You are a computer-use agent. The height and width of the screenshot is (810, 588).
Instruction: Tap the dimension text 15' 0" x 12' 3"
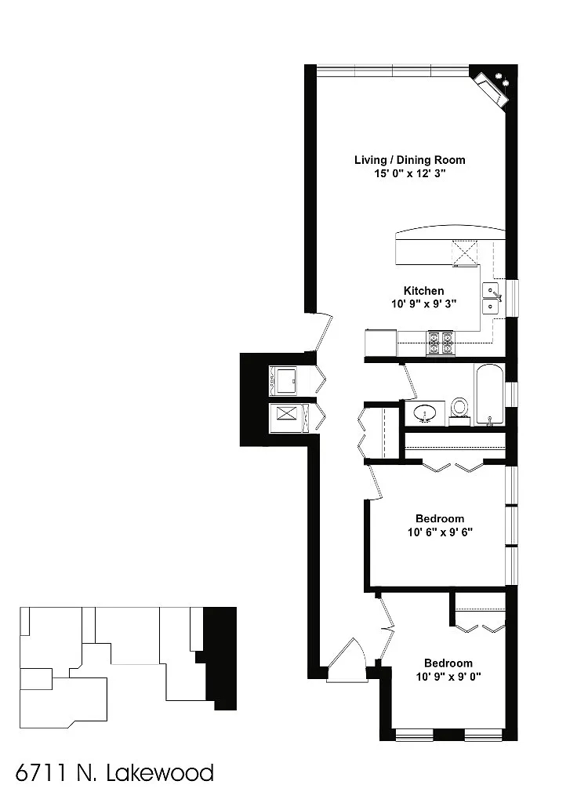point(409,174)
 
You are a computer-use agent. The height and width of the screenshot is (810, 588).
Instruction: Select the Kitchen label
point(423,291)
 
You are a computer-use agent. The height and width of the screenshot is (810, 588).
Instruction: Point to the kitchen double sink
point(492,298)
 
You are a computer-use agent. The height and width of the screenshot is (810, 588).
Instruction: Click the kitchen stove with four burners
point(440,342)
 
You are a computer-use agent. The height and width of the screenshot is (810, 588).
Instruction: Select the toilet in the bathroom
point(459,408)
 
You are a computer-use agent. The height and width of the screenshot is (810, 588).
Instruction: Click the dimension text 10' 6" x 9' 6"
point(439,532)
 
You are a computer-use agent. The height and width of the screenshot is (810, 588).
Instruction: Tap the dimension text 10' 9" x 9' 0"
point(448,676)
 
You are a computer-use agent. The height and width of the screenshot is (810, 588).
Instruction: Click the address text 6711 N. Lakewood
point(114,773)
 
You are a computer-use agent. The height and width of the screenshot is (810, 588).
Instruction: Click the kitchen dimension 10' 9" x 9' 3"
point(423,304)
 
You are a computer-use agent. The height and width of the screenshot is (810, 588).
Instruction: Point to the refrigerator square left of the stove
point(381,343)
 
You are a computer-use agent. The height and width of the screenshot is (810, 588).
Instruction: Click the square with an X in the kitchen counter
point(464,252)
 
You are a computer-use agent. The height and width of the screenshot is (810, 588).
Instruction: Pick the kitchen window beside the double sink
point(513,298)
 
